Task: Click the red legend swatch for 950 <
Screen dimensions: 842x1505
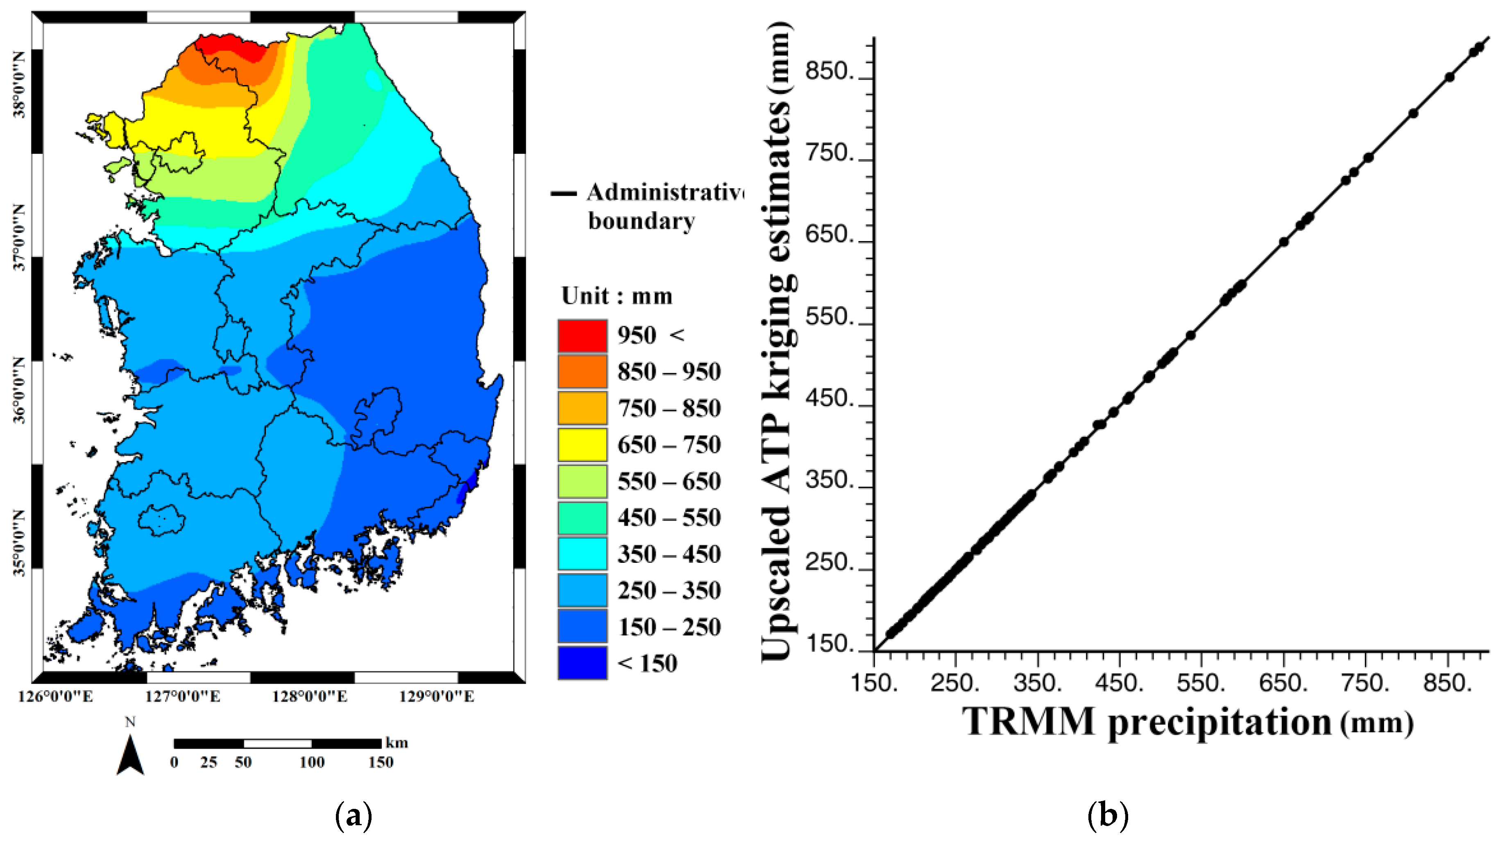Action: pyautogui.click(x=582, y=336)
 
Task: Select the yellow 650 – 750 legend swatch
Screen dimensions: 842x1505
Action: pyautogui.click(x=582, y=445)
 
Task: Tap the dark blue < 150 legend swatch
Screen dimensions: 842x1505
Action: pyautogui.click(x=582, y=663)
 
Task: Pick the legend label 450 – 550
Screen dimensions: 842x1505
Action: pyautogui.click(x=669, y=518)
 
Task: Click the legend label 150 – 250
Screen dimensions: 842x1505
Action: pyautogui.click(x=669, y=627)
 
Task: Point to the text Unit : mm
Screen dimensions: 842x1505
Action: pyautogui.click(x=617, y=296)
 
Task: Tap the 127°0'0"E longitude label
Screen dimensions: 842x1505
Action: pyautogui.click(x=182, y=697)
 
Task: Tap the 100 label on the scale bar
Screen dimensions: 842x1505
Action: pyautogui.click(x=312, y=763)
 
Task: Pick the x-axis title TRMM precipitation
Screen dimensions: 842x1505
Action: pyautogui.click(x=1146, y=722)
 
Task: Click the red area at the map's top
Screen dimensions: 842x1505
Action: pyautogui.click(x=231, y=45)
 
